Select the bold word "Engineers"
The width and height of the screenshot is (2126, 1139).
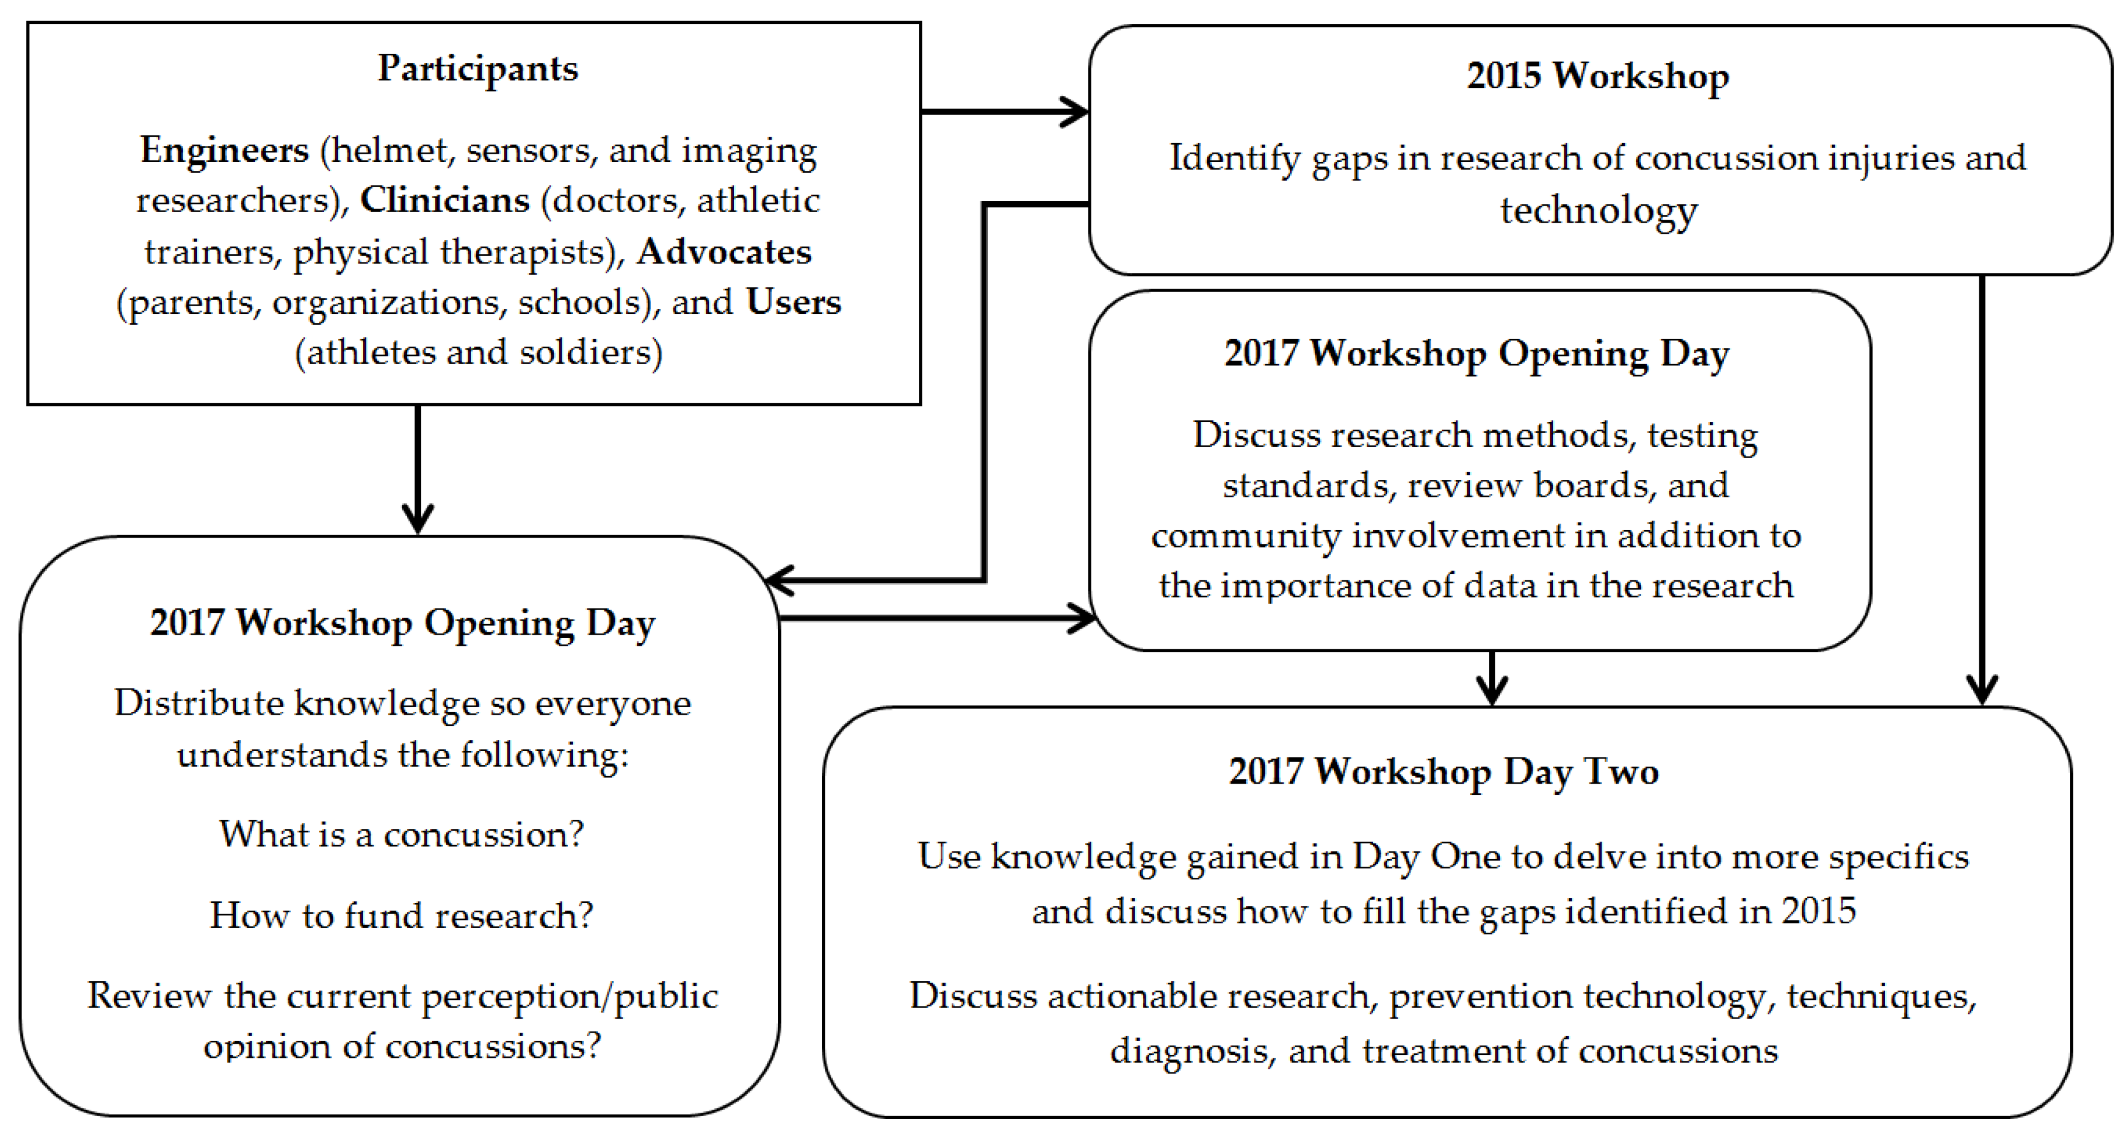[x=224, y=151]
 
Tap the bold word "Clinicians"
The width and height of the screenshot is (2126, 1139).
[x=445, y=200]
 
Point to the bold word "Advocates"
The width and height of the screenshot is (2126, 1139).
[x=724, y=252]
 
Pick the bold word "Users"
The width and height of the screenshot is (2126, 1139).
[x=793, y=302]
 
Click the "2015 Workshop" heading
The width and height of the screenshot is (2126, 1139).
[x=1598, y=76]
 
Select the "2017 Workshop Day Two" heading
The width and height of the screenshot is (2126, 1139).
[x=1443, y=772]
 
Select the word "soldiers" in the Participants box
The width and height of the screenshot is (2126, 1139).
[x=591, y=352]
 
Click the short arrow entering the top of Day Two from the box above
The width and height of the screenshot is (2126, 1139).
[x=1492, y=678]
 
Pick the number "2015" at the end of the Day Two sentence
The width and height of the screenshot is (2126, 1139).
[x=1819, y=911]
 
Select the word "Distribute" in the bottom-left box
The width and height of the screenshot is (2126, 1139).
[x=199, y=703]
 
